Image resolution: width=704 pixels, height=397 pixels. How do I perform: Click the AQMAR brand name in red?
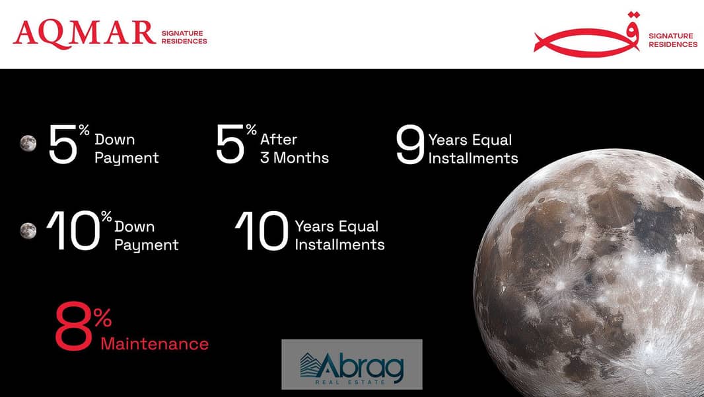click(x=85, y=34)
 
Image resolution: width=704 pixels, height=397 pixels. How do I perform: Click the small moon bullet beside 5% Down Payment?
click(x=28, y=144)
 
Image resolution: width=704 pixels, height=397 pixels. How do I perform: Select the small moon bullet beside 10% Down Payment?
click(x=28, y=231)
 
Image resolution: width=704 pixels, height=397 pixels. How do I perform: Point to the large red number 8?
click(x=73, y=326)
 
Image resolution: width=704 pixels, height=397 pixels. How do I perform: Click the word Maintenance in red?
click(x=155, y=344)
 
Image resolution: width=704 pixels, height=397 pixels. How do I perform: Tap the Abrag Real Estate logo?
click(x=352, y=364)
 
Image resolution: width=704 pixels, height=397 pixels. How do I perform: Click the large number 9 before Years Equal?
click(x=410, y=144)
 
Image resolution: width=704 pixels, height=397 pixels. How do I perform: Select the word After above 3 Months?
click(x=279, y=140)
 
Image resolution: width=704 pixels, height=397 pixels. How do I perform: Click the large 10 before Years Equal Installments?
click(x=262, y=231)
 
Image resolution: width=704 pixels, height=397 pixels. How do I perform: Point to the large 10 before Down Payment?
click(x=73, y=231)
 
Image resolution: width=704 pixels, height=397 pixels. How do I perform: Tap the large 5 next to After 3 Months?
click(x=230, y=144)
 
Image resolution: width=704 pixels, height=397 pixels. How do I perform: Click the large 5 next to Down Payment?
click(x=63, y=144)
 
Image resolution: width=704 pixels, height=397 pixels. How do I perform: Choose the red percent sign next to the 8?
click(x=103, y=317)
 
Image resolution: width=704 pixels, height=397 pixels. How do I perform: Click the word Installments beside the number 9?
click(x=474, y=158)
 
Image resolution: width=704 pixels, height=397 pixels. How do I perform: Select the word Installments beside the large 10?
click(x=340, y=245)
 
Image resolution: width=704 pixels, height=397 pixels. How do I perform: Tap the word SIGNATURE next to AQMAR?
click(x=182, y=33)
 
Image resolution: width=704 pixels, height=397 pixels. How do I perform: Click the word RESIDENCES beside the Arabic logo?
click(x=673, y=44)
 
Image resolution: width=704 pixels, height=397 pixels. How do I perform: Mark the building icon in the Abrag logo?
click(x=310, y=365)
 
